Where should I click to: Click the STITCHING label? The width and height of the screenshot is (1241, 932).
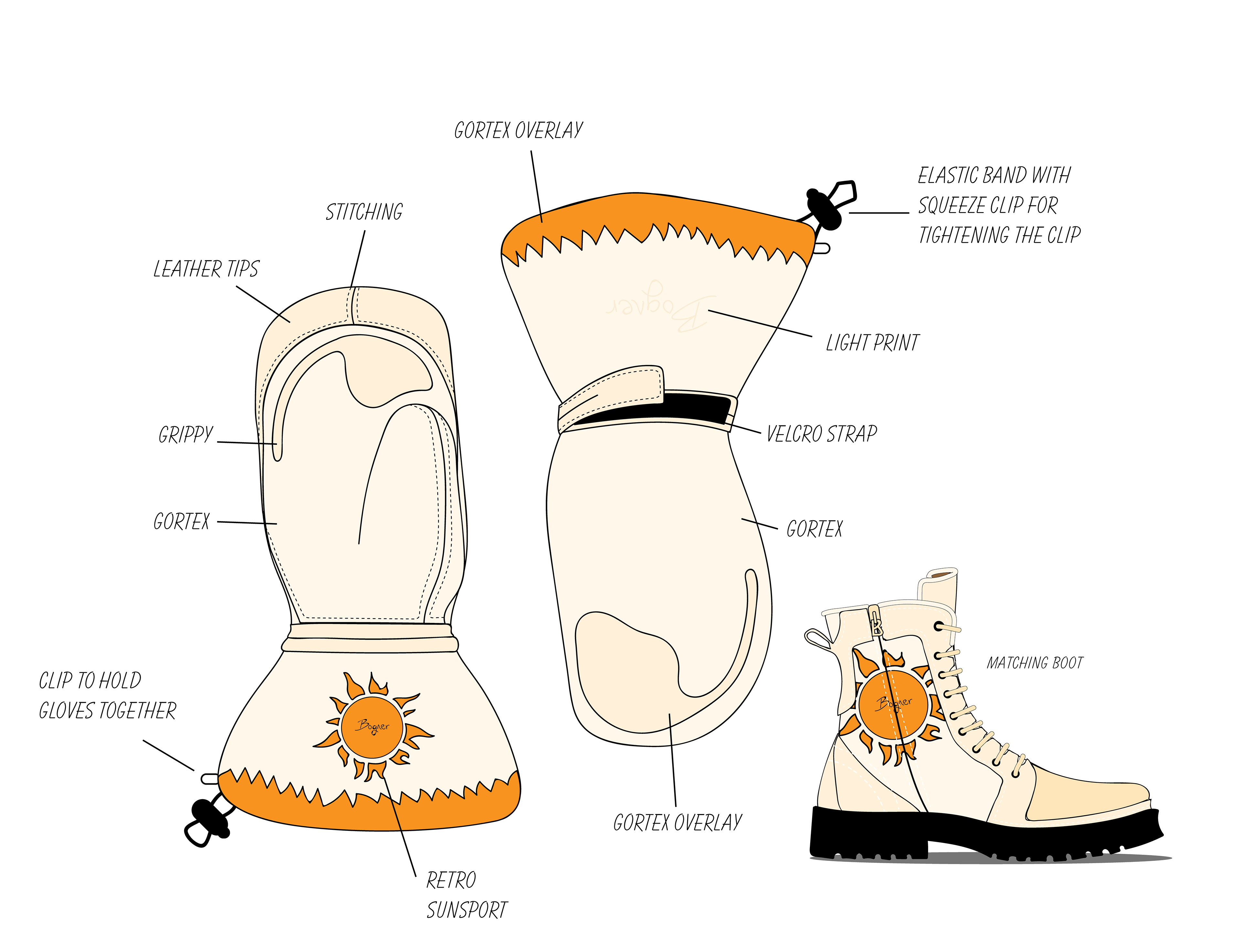364,212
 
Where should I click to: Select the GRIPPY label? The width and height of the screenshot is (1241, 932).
186,435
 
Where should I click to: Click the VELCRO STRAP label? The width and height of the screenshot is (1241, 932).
821,434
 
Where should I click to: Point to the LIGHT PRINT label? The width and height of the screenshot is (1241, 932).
872,342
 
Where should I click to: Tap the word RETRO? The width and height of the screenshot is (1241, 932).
451,880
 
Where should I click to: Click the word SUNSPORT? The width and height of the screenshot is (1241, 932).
467,910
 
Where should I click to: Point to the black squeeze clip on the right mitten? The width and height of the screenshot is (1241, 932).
825,209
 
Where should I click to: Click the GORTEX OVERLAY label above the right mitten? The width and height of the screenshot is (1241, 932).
518,131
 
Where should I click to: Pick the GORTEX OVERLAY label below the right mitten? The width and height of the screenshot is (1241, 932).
677,823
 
